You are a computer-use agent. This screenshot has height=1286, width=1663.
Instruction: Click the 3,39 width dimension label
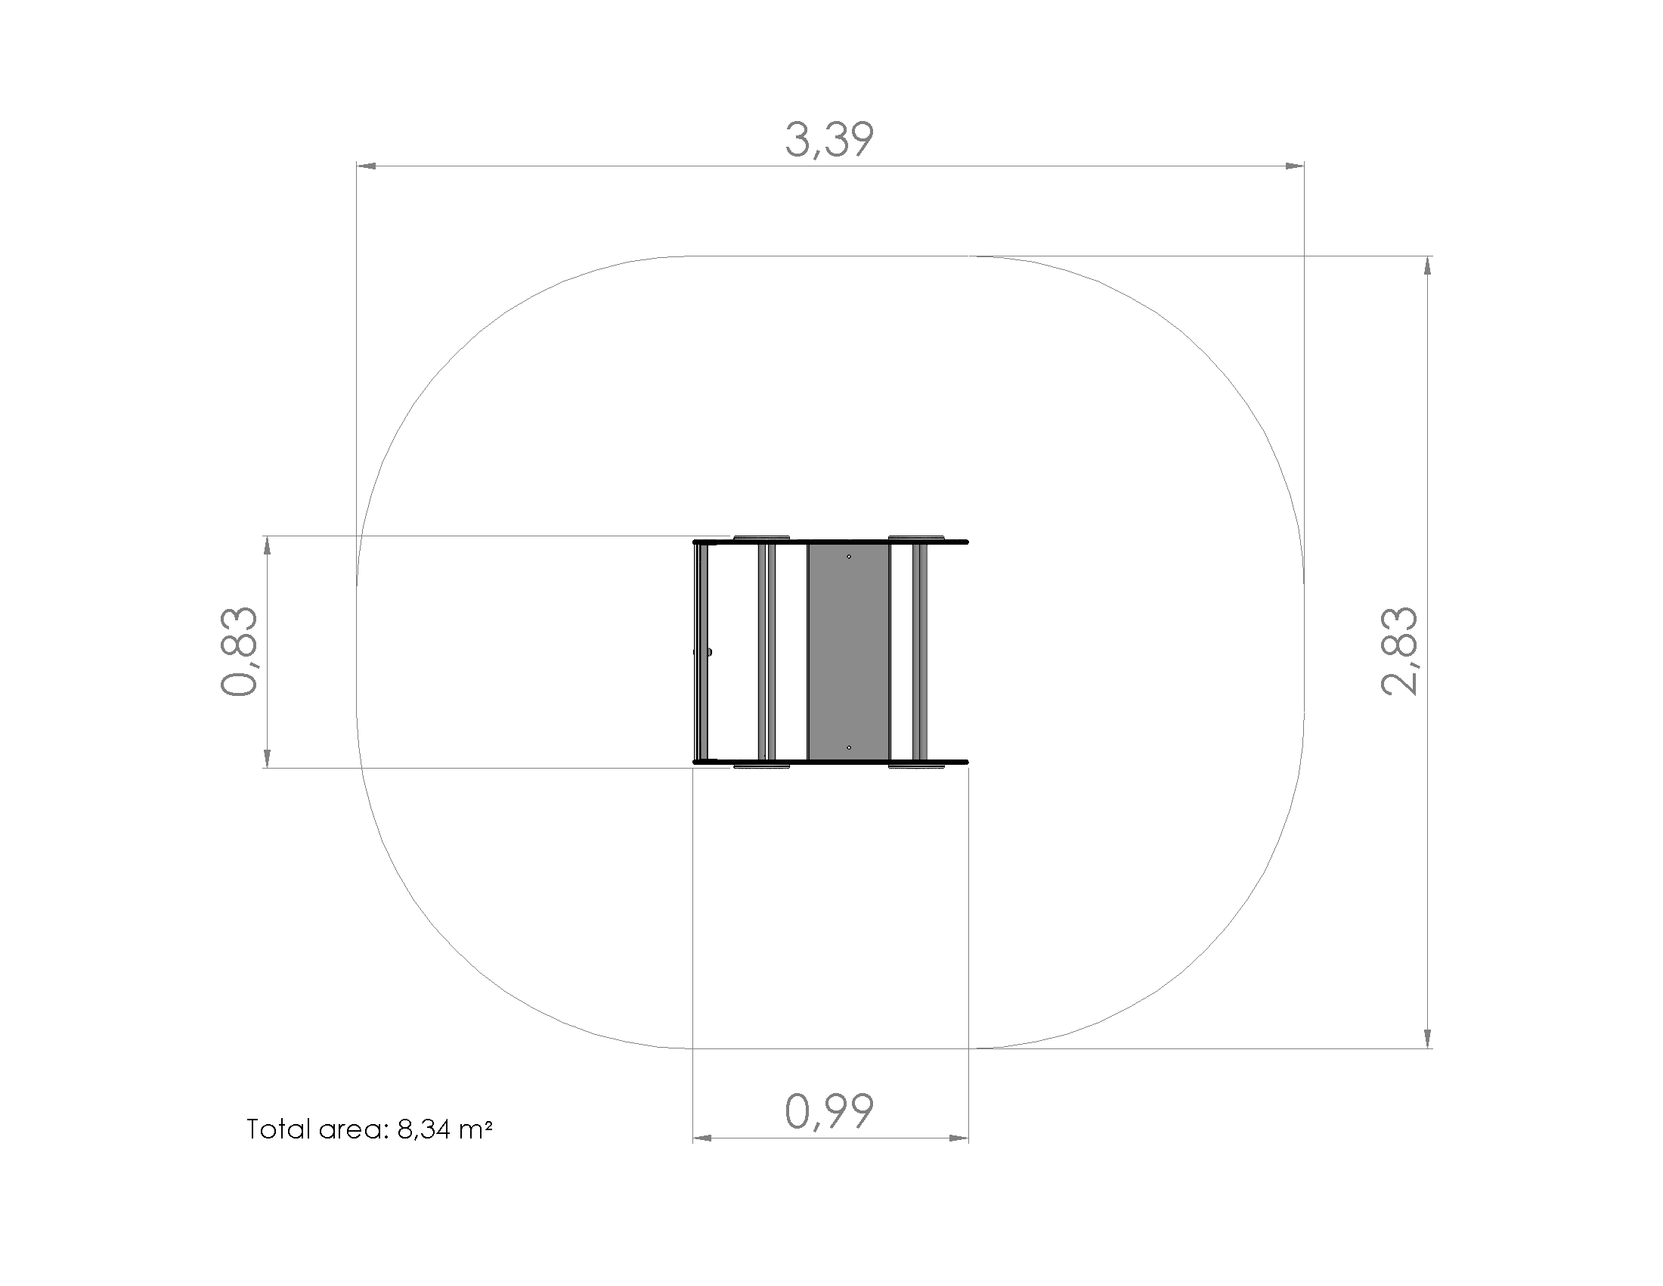point(829,140)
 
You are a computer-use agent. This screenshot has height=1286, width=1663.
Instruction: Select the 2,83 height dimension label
point(1399,651)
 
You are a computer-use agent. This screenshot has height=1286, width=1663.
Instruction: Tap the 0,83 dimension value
point(239,651)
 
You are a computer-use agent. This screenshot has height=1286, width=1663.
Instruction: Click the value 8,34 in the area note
point(423,1130)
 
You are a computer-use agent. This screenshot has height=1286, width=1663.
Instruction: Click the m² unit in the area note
point(476,1129)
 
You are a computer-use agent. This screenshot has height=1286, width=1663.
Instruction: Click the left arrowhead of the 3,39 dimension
point(367,166)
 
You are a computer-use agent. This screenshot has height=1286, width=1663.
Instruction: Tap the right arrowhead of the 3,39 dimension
point(1294,166)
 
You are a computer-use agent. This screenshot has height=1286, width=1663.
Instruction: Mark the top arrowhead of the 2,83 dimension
point(1427,266)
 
